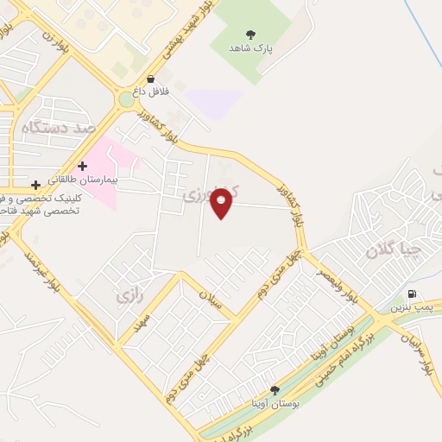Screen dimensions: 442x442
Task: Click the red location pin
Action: pos(222,202)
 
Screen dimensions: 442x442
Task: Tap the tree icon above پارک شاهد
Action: pos(250,35)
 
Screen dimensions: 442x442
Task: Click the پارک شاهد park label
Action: pos(250,50)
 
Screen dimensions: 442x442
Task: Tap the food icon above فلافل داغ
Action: pos(151,78)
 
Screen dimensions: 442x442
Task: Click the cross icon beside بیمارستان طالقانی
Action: pos(82,165)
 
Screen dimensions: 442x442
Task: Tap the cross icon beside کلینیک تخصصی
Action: pos(35,184)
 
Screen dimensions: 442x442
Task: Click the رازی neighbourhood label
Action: pos(127,297)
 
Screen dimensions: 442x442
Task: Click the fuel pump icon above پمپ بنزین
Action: pos(412,294)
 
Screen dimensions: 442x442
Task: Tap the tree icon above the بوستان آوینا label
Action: pos(275,390)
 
